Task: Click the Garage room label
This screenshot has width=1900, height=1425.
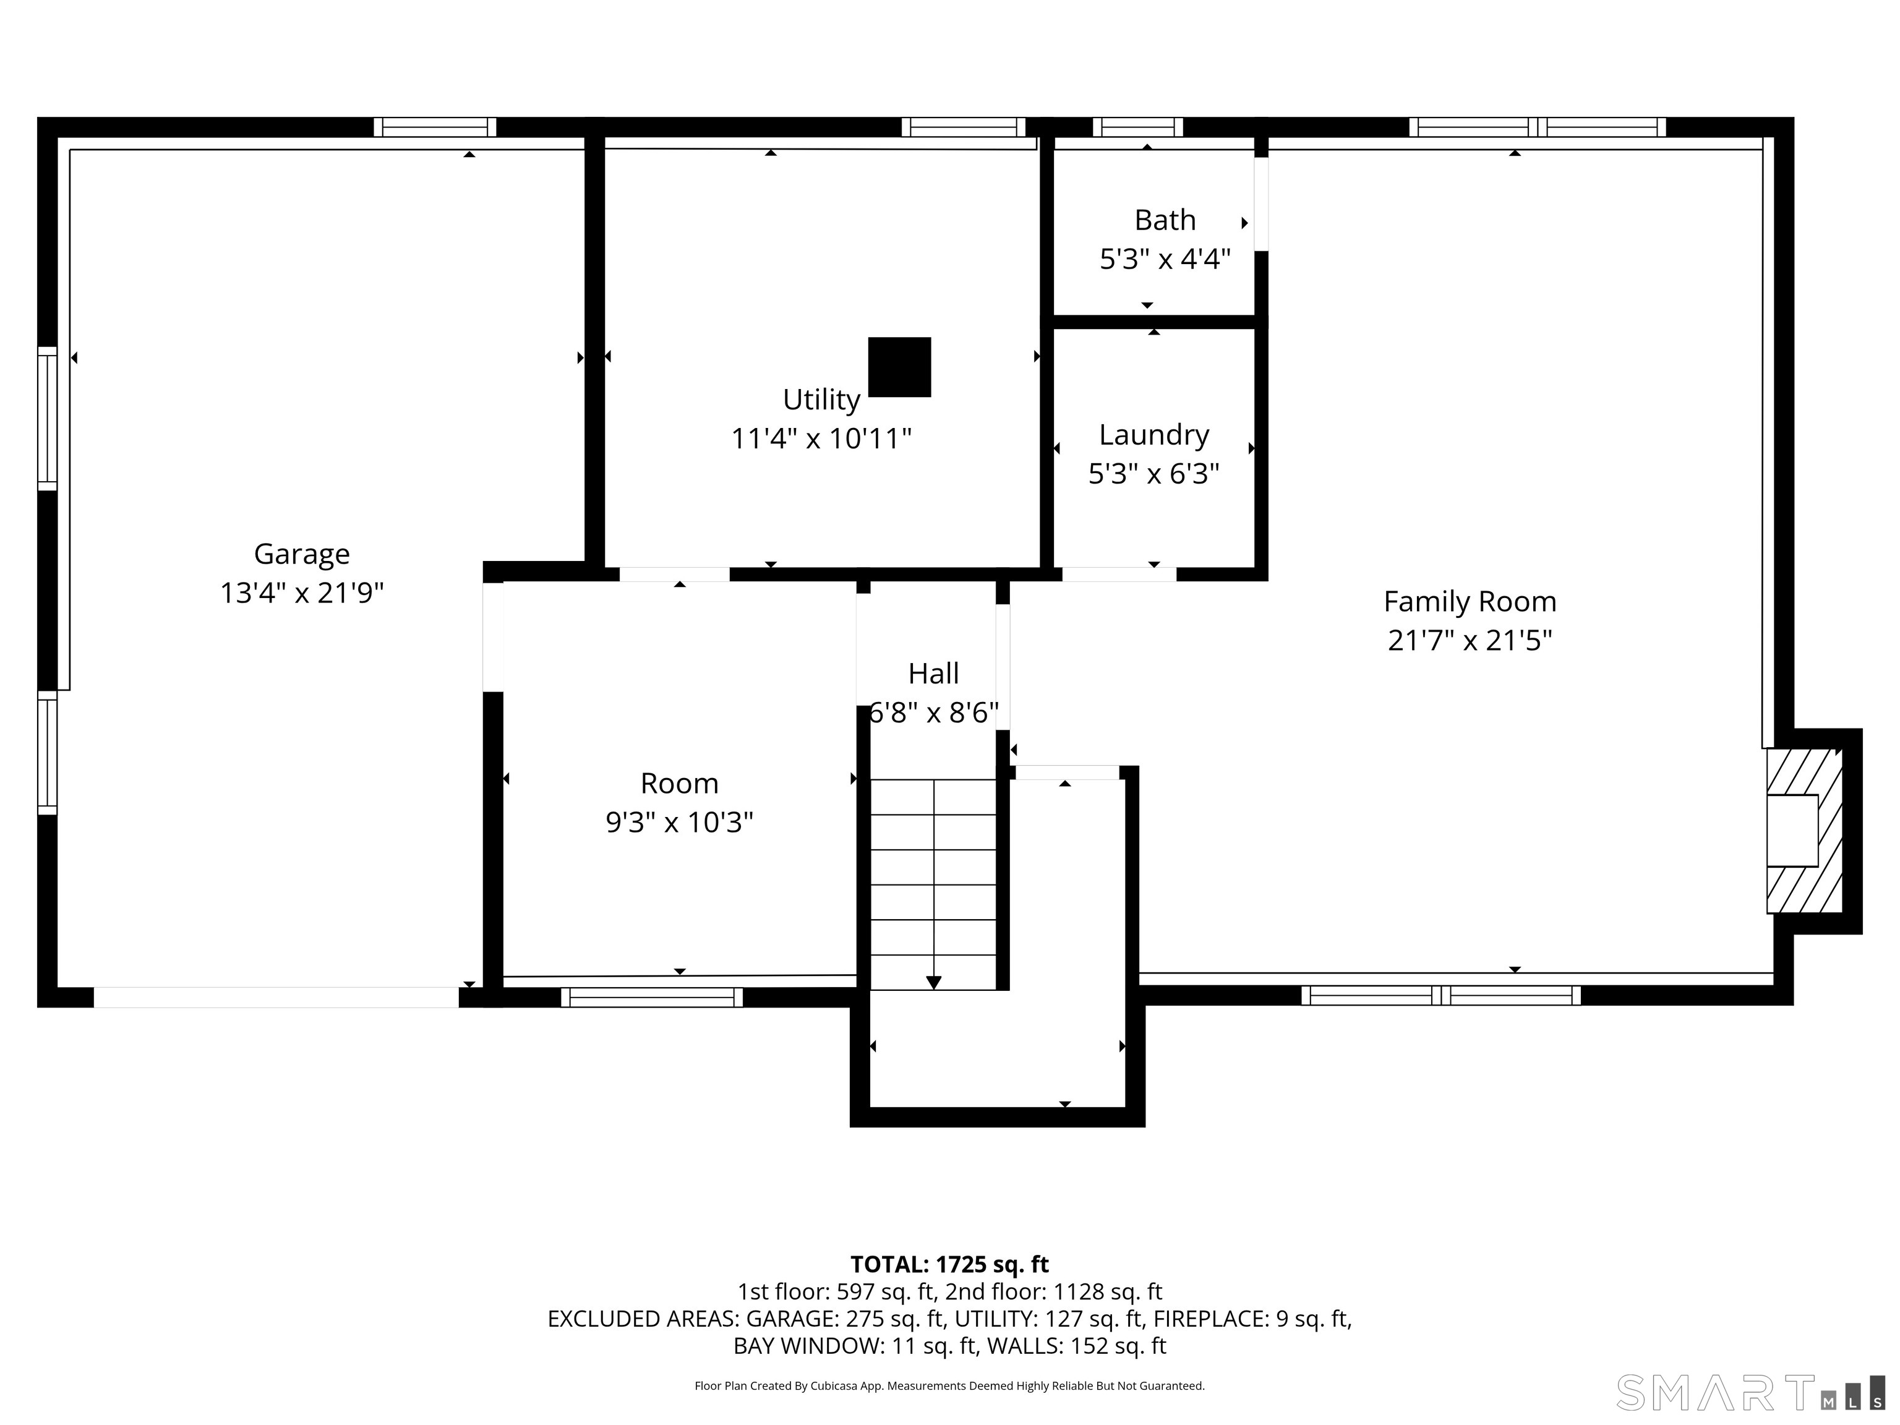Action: [301, 554]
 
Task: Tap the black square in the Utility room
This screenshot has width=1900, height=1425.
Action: [899, 367]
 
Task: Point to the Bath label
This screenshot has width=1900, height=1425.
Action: [1165, 220]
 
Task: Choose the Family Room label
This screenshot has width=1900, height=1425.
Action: [1470, 601]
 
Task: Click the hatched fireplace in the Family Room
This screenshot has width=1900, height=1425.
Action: [1804, 831]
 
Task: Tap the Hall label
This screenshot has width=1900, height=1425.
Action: [934, 674]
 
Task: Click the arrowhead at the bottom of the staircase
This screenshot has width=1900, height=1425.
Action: [934, 983]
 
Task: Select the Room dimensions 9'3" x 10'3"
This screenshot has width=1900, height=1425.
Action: [680, 822]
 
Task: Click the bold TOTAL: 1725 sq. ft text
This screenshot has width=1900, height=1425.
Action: [949, 1264]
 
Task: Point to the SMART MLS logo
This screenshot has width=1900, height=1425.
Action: [1750, 1392]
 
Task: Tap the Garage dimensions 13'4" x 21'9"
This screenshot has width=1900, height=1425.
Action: [301, 593]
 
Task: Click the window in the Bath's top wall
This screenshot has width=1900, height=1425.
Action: [1137, 127]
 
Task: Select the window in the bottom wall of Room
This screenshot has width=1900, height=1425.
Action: [652, 996]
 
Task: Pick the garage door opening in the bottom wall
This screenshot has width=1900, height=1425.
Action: [276, 996]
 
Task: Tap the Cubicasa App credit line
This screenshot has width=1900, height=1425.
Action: [949, 1385]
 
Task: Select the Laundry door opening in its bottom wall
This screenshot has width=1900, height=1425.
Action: [1119, 574]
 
